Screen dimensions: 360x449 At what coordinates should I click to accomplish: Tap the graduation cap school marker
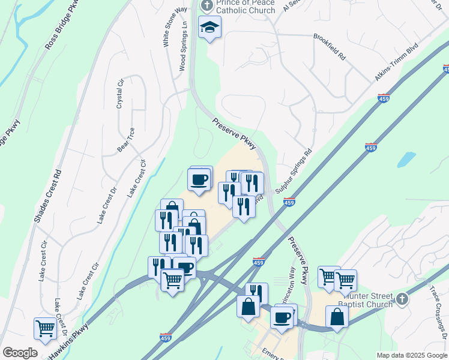click(x=210, y=28)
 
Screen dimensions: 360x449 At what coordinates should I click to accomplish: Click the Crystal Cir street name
click(x=119, y=93)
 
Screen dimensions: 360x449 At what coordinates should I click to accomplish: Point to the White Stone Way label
click(x=167, y=27)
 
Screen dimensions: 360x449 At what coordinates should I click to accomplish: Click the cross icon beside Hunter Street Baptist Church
click(x=402, y=298)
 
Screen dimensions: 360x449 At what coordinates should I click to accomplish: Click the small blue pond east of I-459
click(x=406, y=159)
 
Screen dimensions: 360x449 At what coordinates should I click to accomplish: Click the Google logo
click(x=20, y=353)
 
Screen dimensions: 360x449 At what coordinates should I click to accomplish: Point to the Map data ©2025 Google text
click(x=411, y=355)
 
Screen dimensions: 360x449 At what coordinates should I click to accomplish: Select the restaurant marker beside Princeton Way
click(x=256, y=293)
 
